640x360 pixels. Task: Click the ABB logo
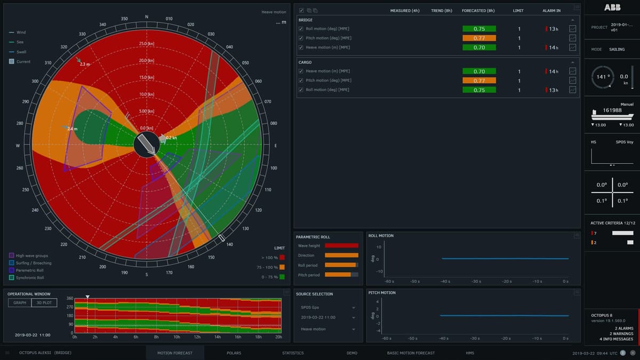612,7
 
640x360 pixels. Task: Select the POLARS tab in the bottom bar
234,353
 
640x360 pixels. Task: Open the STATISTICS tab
293,353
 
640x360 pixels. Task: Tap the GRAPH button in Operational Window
20,302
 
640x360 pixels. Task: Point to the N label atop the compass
147,17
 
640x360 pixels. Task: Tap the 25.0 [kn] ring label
147,44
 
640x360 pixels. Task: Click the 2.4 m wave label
72,129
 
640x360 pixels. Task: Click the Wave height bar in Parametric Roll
341,246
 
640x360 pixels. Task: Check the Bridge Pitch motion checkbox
301,38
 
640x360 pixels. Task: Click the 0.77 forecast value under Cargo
479,81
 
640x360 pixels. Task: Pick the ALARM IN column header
551,11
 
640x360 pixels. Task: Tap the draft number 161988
612,110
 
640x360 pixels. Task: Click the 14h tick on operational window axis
218,337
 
